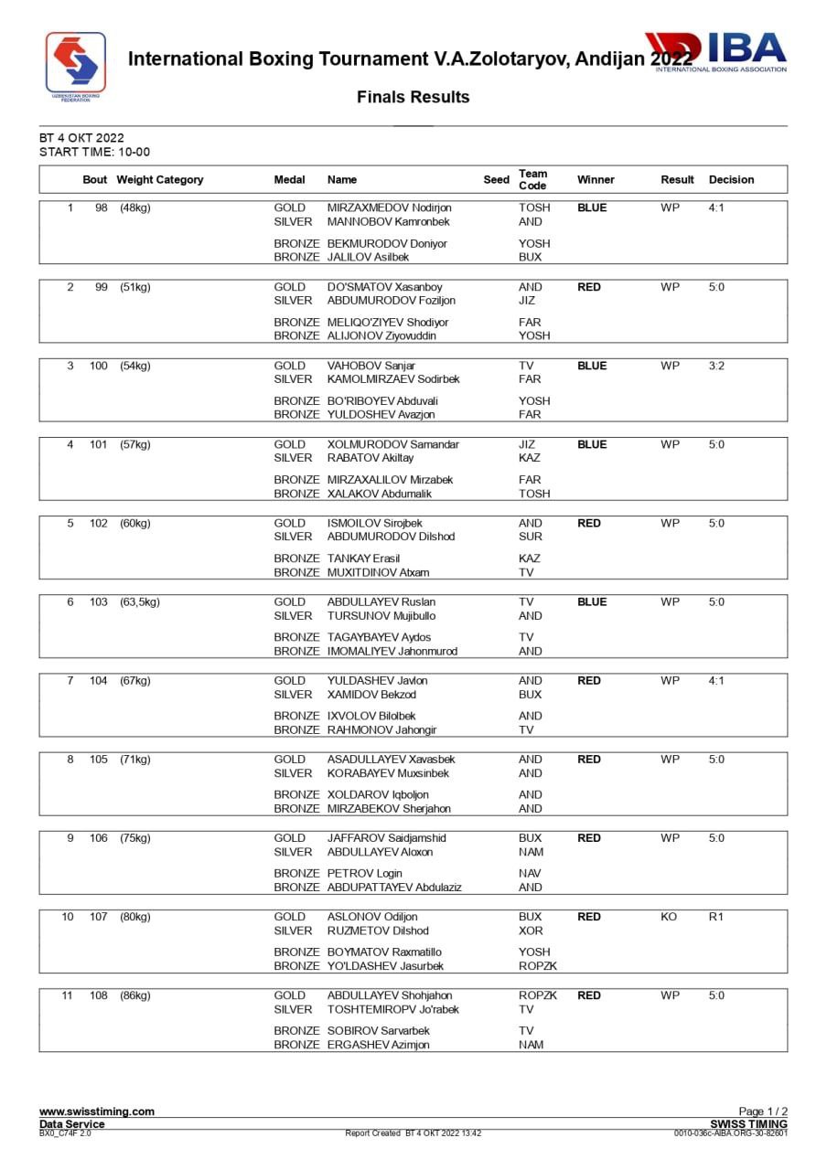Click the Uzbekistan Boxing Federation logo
click(x=76, y=66)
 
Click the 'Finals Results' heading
click(x=413, y=97)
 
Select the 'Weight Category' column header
click(x=160, y=180)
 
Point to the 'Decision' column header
click(x=731, y=180)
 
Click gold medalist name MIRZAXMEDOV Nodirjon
click(x=389, y=207)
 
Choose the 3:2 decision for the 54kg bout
click(x=716, y=366)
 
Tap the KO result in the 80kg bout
click(x=669, y=917)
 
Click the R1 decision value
click(x=716, y=917)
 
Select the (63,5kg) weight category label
click(x=140, y=602)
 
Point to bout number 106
click(x=99, y=838)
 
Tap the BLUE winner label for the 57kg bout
click(x=592, y=445)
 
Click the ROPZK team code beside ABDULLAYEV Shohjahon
click(x=537, y=995)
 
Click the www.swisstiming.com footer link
click(x=96, y=1111)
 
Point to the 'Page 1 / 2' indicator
click(x=763, y=1111)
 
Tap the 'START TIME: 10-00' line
click(x=94, y=152)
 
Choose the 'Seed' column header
click(x=496, y=180)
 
